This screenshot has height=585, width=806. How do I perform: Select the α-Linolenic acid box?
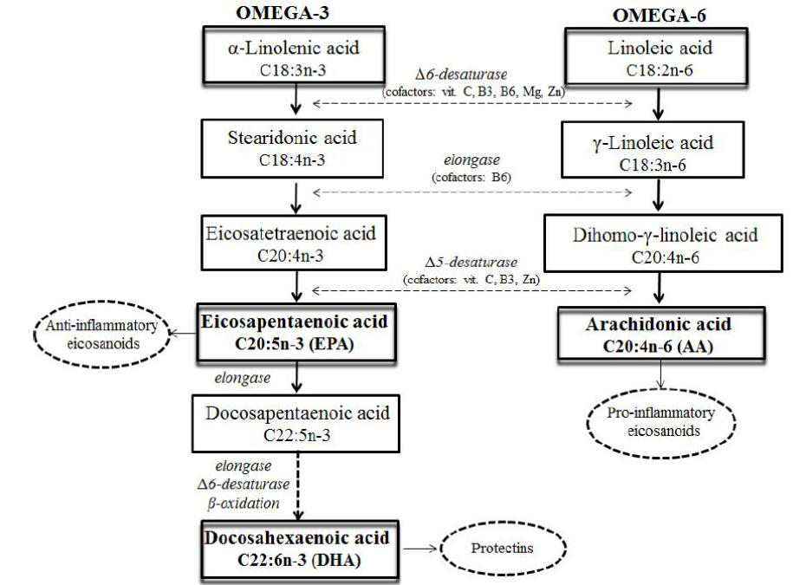[x=298, y=59]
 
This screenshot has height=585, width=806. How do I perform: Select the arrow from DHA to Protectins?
[x=419, y=549]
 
